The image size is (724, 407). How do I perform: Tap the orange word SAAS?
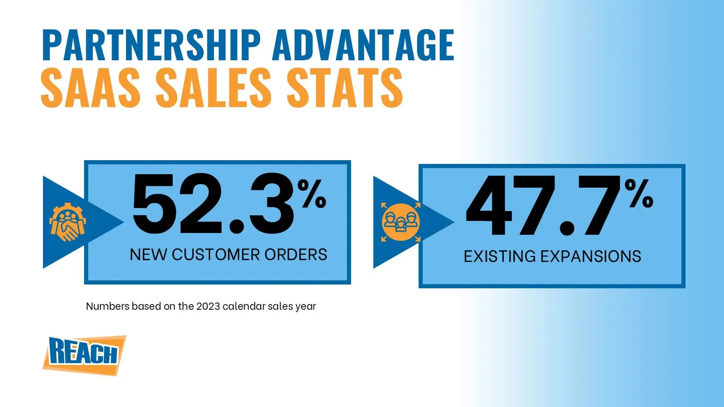[x=90, y=87]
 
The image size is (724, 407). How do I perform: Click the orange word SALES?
[x=213, y=87]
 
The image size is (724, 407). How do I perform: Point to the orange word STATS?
[x=345, y=87]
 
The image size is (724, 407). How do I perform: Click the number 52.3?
[x=213, y=203]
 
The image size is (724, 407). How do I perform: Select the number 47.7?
[x=543, y=206]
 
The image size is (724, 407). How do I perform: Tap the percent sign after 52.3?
[x=311, y=193]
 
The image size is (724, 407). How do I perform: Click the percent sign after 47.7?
[x=639, y=193]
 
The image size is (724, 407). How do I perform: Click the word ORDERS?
[x=296, y=255]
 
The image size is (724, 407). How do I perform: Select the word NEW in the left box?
[x=148, y=255]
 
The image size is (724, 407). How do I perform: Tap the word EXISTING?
[x=500, y=257]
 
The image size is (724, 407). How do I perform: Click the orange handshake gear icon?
[x=67, y=222]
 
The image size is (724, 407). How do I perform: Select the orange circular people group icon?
[x=400, y=222]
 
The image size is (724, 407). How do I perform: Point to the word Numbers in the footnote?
[x=107, y=306]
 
